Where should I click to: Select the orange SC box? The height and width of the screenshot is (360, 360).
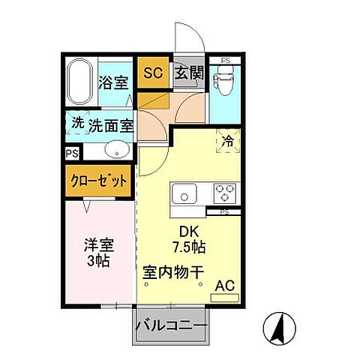(152, 73)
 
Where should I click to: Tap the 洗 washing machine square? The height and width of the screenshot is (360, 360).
(77, 124)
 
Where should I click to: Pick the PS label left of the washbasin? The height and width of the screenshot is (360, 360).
(71, 154)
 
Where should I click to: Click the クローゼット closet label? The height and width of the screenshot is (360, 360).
(98, 181)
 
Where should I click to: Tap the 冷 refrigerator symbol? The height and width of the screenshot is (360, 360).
(227, 140)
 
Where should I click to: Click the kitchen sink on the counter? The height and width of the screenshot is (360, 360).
(184, 196)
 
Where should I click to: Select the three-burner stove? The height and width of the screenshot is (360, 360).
(223, 194)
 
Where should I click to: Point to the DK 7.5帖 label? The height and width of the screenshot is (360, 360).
(187, 239)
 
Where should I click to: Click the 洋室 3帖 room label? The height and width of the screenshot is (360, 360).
(97, 253)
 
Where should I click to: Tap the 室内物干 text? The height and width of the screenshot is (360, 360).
(173, 271)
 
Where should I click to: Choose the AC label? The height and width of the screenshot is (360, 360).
(225, 285)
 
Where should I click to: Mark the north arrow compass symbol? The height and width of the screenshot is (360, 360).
(275, 328)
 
